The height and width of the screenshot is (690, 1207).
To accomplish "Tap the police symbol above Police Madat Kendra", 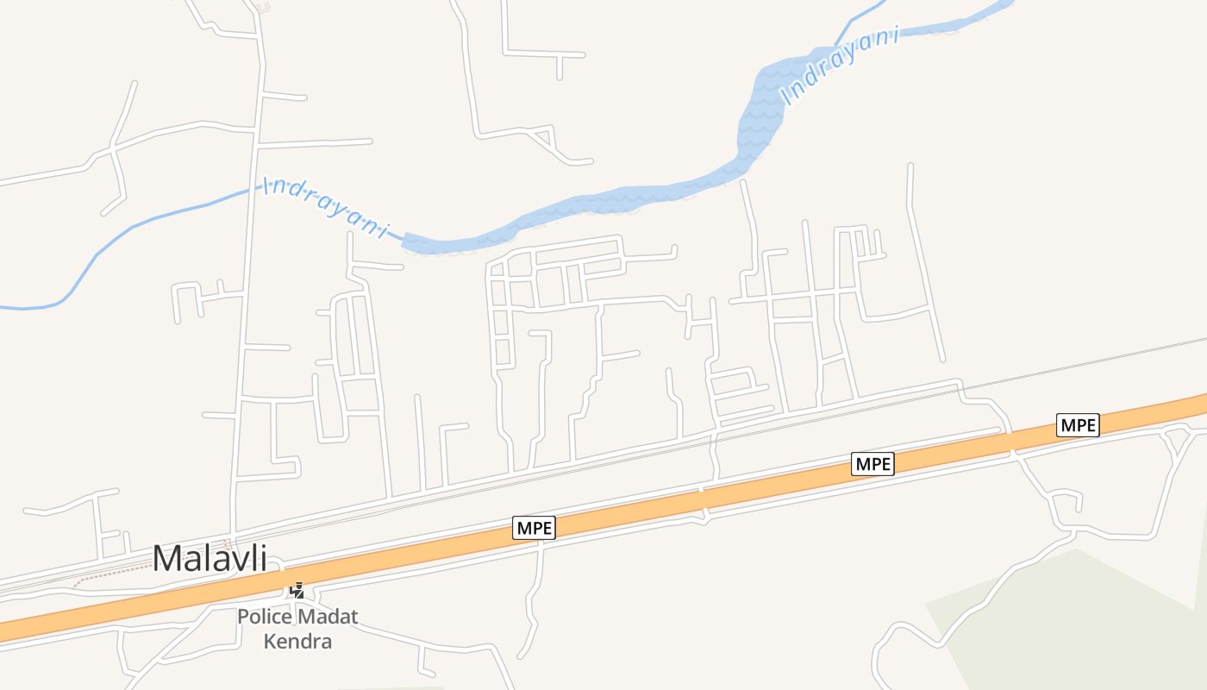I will [297, 591].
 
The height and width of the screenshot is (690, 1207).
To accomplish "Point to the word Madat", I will [327, 618].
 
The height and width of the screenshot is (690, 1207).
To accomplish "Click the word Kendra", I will [297, 642].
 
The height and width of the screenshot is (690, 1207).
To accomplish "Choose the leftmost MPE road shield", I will [535, 528].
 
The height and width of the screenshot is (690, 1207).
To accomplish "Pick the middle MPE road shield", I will [872, 464].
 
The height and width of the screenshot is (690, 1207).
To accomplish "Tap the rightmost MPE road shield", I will [1078, 425].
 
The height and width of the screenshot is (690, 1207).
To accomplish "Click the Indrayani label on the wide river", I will [840, 67].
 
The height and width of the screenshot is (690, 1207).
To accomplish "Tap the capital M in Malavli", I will [167, 558].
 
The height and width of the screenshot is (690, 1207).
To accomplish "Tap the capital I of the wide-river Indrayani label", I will [786, 97].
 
